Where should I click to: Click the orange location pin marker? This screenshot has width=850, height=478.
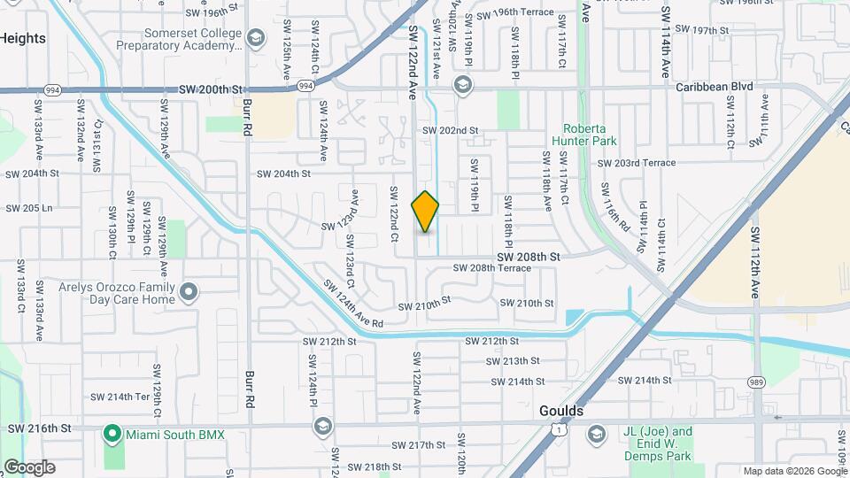426,212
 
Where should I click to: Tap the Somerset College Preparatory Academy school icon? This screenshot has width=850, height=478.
256,37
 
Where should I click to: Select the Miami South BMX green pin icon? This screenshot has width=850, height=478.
112,434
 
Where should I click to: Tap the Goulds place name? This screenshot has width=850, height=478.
561,412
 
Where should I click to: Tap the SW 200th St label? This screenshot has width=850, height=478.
210,89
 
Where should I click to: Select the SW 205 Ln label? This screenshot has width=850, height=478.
29,208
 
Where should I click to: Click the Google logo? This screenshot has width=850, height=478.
28,467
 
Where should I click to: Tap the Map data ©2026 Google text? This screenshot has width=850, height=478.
794,471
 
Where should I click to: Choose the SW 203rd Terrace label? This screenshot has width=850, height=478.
636,163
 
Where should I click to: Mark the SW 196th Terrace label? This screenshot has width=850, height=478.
514,13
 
